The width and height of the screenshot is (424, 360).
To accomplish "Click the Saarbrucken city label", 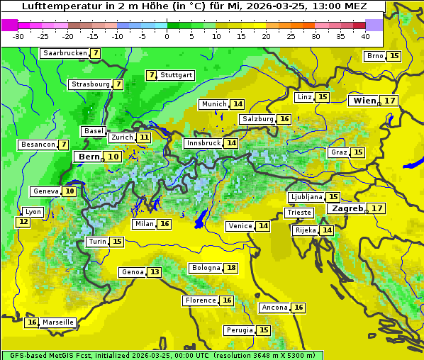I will coord(65,53).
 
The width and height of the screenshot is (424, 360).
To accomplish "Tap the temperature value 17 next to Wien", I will coord(390,101).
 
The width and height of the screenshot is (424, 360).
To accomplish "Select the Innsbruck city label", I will coord(203,143).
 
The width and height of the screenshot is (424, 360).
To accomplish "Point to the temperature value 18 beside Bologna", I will coord(231,268).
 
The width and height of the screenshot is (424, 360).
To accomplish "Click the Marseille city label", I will coord(57,322).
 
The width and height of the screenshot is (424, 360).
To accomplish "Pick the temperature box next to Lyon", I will coord(23,222).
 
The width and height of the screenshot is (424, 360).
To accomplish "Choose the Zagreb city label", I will coord(347,208).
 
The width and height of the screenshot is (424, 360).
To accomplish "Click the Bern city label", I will coord(89,157).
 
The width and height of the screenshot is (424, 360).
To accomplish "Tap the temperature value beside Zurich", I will coord(144,137).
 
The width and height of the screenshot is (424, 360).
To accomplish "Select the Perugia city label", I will coord(239,330).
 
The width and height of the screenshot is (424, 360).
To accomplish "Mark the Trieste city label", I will coord(299,213).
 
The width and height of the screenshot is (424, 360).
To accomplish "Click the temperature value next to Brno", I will coord(394,56).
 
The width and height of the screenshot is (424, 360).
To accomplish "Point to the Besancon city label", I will coord(38,145).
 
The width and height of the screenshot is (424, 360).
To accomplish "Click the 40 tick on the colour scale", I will coord(365,36).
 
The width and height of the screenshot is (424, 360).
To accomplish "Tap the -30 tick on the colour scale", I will coord(18,36).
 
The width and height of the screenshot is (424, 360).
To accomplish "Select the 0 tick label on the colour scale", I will coord(167,36).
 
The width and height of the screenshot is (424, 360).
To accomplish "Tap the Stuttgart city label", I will coord(176,75).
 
